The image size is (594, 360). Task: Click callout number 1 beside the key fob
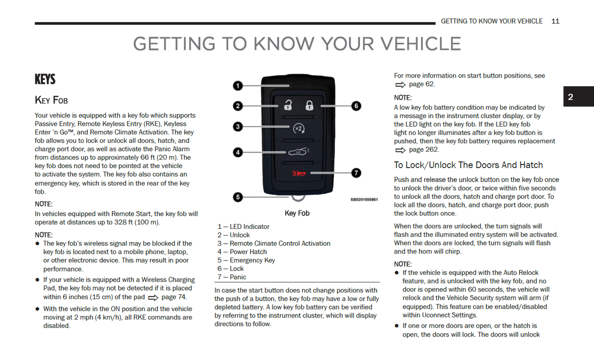pos(238,85)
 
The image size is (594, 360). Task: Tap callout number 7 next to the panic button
pos(356,173)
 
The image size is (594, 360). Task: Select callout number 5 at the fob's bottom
pos(238,197)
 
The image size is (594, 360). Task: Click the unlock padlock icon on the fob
pos(288,105)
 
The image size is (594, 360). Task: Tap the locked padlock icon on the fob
pos(309,105)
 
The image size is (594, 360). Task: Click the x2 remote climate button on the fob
pos(299,129)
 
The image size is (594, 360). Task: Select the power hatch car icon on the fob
pos(298,152)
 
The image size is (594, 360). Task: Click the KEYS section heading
pos(45,79)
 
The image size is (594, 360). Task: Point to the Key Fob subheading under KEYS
pos(51,100)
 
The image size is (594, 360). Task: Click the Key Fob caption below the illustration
pos(297,213)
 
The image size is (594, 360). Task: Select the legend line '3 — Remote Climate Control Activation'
pos(274,243)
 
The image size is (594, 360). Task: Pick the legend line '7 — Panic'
pos(232,277)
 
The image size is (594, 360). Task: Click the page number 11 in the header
pos(555,21)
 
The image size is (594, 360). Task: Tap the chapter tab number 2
pos(571,97)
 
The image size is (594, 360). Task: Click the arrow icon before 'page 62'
pos(400,85)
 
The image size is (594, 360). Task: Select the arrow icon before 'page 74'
pos(153,298)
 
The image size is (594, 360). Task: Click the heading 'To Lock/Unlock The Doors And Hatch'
pos(468,165)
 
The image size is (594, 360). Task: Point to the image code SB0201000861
pos(364,200)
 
